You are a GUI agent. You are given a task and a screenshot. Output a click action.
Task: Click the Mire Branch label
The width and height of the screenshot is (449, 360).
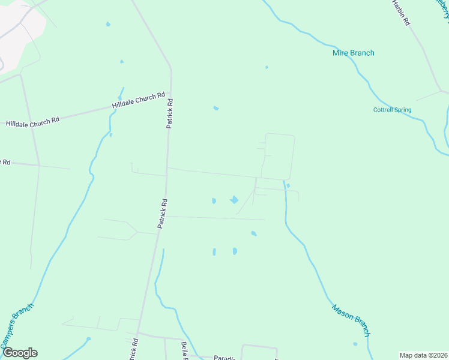pyautogui.click(x=353, y=53)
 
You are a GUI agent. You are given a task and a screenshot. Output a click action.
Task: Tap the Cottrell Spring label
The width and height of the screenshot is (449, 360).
pyautogui.click(x=393, y=110)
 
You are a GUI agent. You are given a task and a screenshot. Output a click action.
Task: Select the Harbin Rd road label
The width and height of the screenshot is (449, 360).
pyautogui.click(x=400, y=13)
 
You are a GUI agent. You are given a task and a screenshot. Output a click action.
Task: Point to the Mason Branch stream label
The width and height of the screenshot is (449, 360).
pyautogui.click(x=351, y=320)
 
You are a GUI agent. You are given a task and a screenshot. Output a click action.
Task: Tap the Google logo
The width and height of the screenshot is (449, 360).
pyautogui.click(x=20, y=352)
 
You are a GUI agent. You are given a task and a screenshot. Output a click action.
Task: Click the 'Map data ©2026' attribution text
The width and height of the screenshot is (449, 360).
pyautogui.click(x=423, y=355)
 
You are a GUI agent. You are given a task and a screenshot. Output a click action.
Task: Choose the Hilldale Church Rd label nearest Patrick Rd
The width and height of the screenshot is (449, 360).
pyautogui.click(x=138, y=100)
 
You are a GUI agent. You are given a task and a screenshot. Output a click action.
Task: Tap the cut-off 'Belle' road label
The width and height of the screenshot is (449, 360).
pyautogui.click(x=185, y=350)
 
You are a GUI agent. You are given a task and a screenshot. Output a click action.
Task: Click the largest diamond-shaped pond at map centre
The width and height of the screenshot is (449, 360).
pyautogui.click(x=234, y=200)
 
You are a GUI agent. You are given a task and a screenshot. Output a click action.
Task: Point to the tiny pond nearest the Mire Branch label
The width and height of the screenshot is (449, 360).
pyautogui.click(x=267, y=67)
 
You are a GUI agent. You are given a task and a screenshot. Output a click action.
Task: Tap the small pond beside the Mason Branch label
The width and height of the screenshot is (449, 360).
pyautogui.click(x=355, y=344)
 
